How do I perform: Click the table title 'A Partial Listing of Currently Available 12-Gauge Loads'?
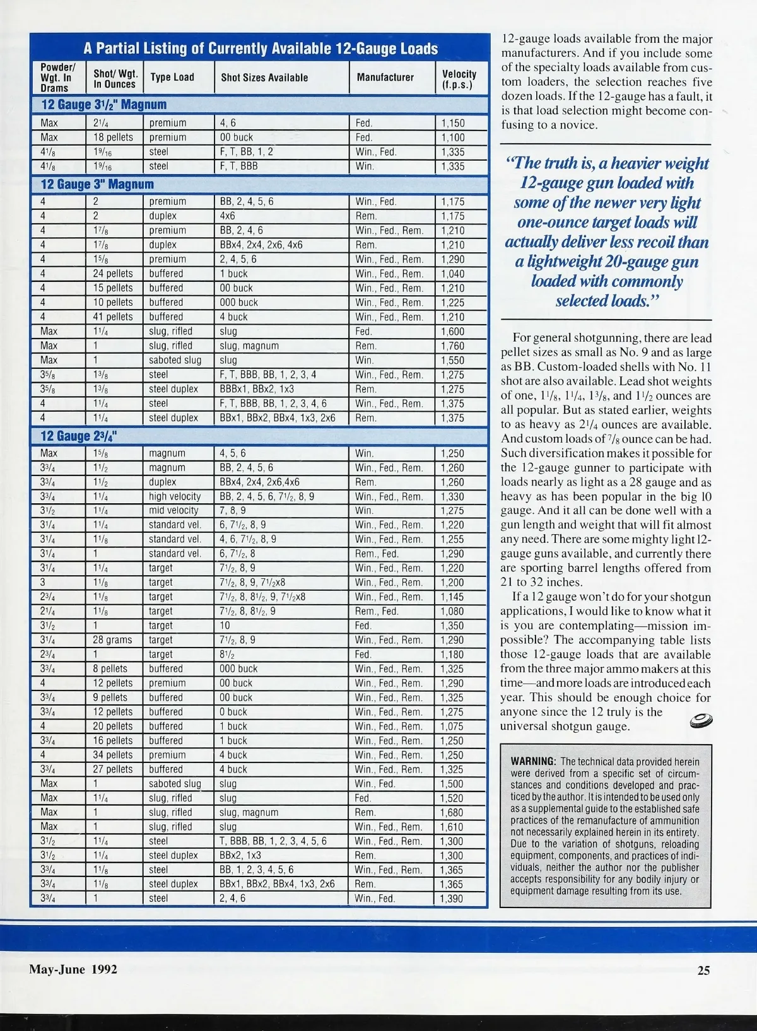click(260, 49)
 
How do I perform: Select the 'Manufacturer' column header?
click(385, 78)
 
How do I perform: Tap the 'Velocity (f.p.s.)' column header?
click(459, 79)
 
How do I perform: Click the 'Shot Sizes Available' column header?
click(264, 78)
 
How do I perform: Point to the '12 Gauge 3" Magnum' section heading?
click(97, 184)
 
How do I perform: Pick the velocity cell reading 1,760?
click(452, 346)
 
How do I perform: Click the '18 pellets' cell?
click(114, 137)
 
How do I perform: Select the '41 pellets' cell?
click(114, 317)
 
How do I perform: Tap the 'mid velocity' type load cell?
click(173, 511)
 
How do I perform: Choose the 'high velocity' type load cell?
click(175, 496)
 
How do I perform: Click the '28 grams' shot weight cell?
click(113, 640)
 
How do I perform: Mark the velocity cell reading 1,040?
click(452, 274)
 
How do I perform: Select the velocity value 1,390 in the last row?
click(452, 899)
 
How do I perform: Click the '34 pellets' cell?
click(114, 755)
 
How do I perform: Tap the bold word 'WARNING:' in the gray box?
click(533, 762)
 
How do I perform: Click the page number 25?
click(703, 970)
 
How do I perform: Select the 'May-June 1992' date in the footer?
click(73, 969)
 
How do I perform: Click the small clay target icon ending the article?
click(701, 721)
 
